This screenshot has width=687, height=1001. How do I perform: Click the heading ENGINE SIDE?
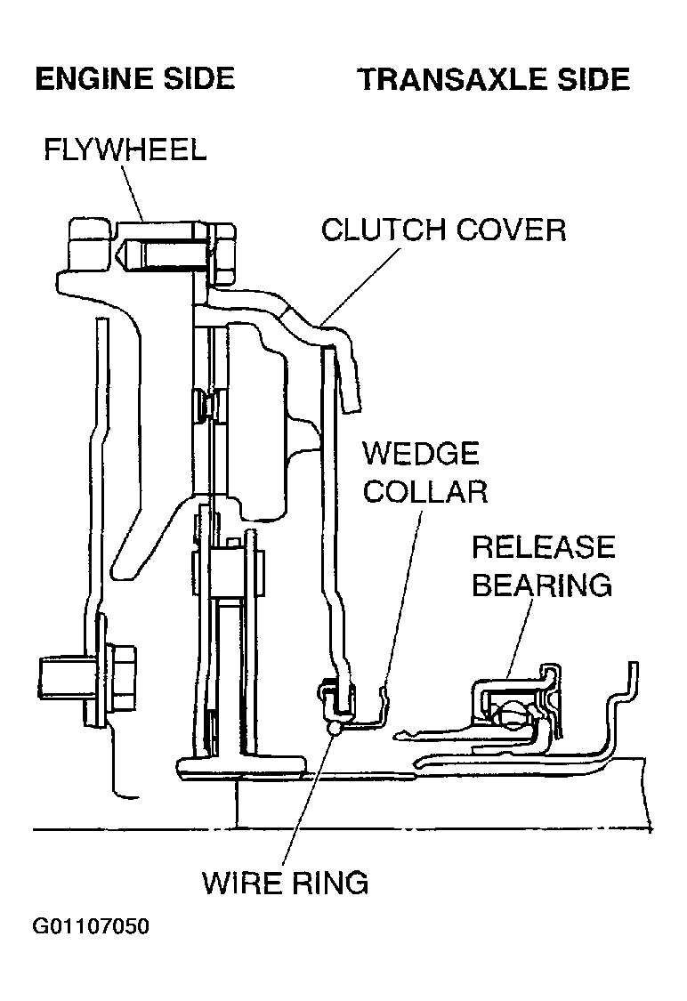click(134, 80)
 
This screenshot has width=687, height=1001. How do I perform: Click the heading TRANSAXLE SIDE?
click(494, 80)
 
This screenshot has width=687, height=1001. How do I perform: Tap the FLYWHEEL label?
click(125, 149)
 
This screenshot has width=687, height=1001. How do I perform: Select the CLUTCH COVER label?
click(443, 230)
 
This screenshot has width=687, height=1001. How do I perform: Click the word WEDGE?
click(420, 454)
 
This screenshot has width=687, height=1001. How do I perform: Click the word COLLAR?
click(425, 491)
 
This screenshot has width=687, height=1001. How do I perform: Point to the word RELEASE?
click(543, 547)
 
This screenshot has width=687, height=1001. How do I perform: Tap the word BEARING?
click(542, 585)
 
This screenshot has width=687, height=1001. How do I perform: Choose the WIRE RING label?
click(285, 883)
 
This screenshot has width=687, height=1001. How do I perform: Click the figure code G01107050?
click(91, 927)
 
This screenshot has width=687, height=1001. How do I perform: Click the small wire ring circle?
click(335, 728)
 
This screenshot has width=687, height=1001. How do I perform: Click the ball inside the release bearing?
click(513, 713)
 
